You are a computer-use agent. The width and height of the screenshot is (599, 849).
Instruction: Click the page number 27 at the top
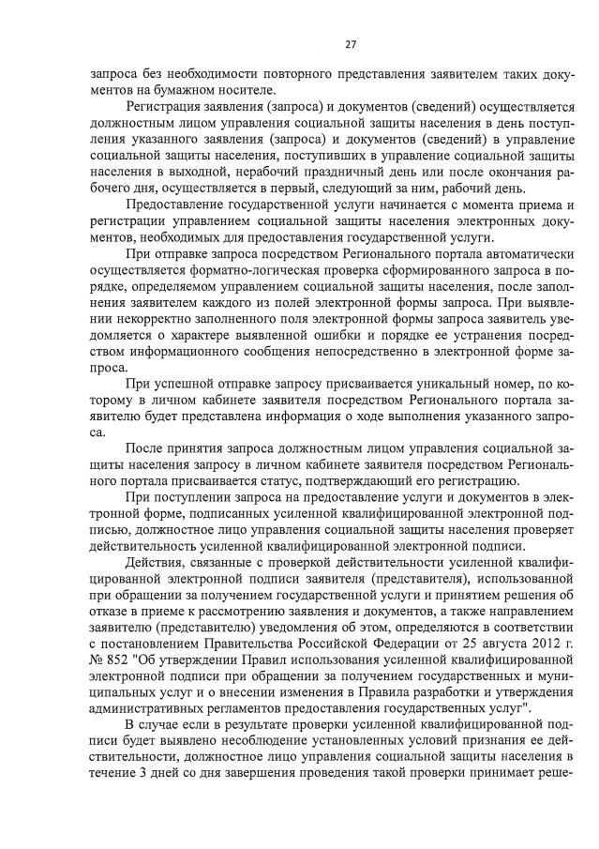[x=350, y=44]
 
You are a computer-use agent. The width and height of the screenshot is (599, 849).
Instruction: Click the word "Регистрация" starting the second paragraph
[x=166, y=110]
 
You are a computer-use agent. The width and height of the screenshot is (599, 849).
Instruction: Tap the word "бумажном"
[x=157, y=91]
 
